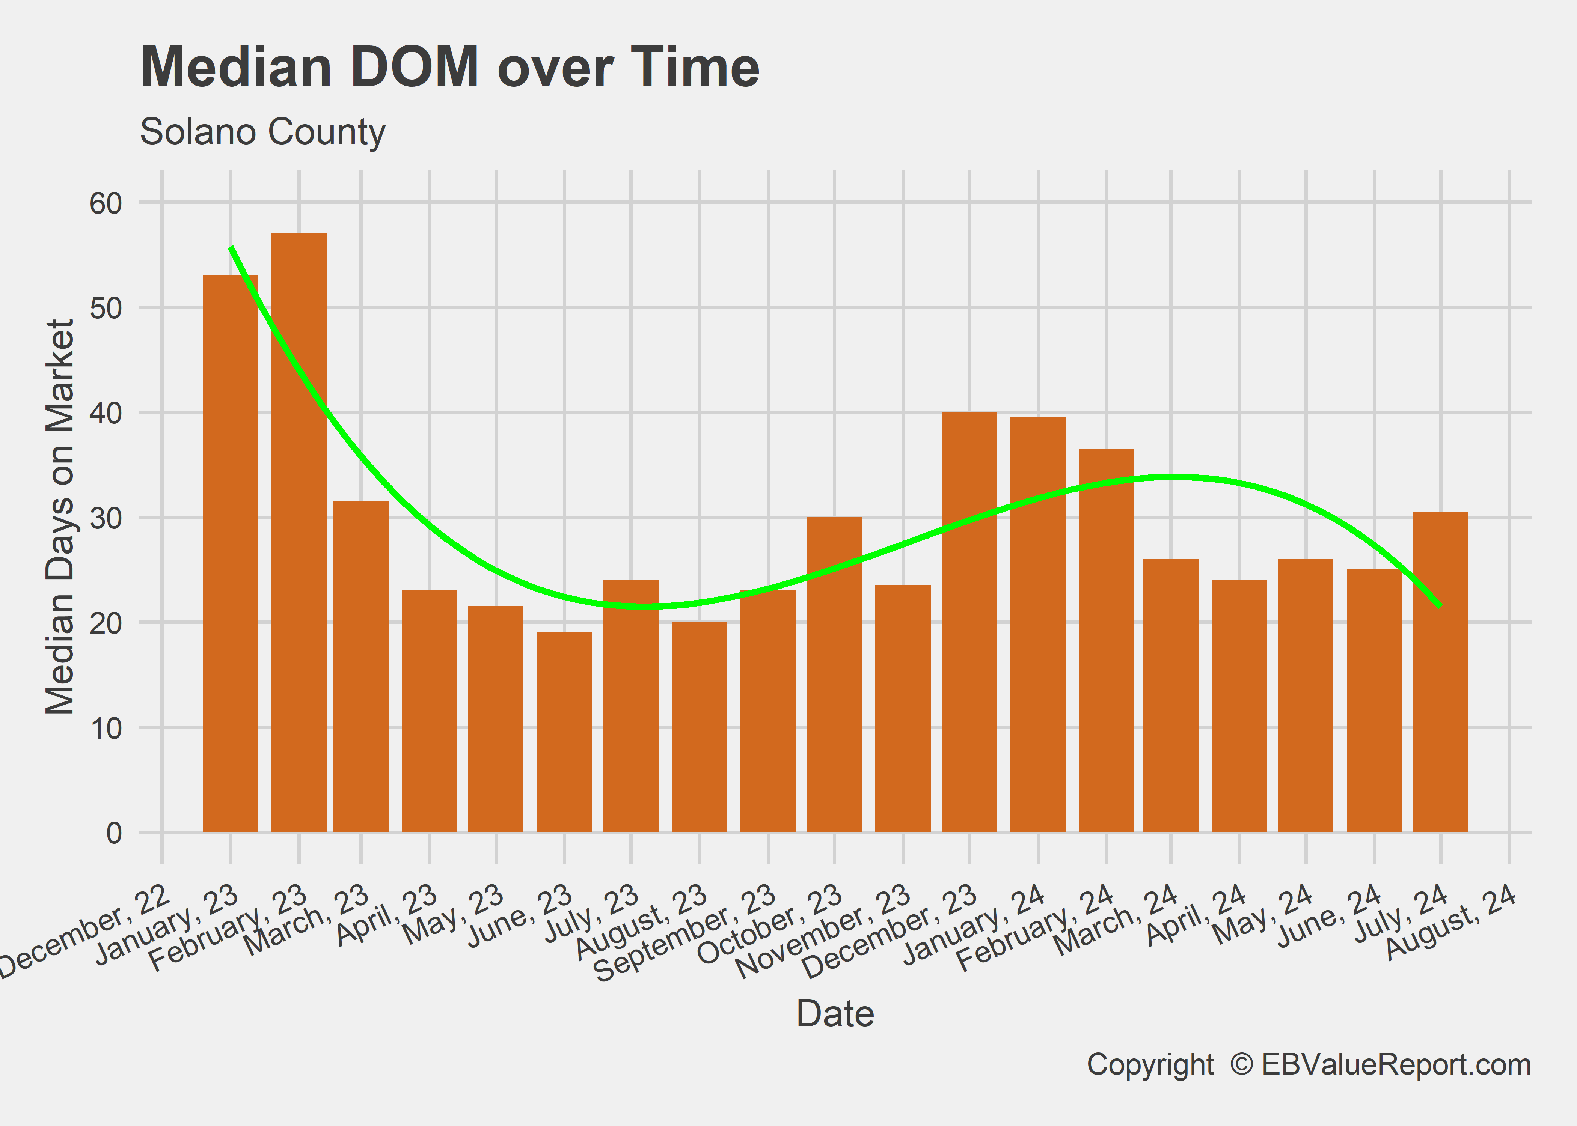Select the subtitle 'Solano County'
click(x=262, y=132)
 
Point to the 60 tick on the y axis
click(x=106, y=203)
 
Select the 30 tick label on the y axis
click(x=106, y=518)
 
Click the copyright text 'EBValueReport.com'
click(x=1395, y=1065)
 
